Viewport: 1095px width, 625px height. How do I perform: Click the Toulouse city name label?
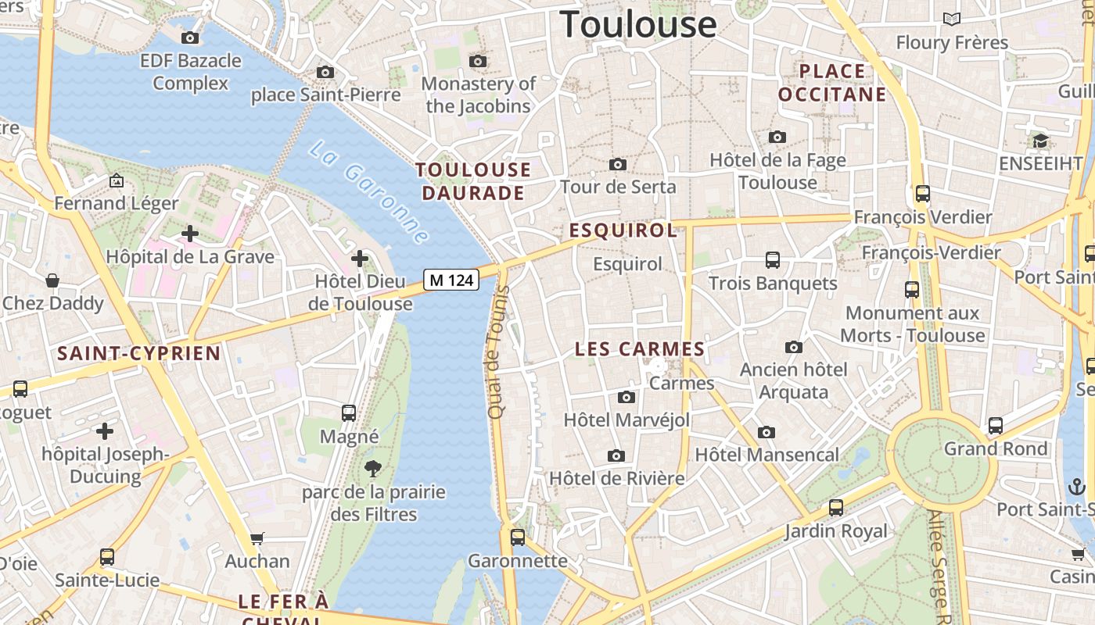point(637,24)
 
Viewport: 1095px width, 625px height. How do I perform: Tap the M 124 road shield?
point(451,280)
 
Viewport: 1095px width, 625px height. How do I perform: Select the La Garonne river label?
point(368,191)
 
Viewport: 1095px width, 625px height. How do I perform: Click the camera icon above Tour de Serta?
point(618,164)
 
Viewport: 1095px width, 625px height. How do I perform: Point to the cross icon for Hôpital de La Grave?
point(189,233)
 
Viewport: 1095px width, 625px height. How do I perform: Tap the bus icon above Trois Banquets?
point(773,259)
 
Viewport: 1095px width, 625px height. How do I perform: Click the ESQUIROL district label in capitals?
point(623,230)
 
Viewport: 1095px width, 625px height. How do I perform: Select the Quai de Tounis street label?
point(497,352)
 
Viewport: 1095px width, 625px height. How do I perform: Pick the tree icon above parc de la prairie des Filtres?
point(373,469)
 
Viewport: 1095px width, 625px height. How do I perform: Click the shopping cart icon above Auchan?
point(257,538)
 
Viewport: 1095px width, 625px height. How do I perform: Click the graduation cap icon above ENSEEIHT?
point(1040,141)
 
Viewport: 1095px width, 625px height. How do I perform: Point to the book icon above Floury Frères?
point(951,19)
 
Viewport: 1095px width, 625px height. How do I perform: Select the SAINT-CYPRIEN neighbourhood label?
point(138,353)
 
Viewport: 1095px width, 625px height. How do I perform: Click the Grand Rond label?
point(995,448)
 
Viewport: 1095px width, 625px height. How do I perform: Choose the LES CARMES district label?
point(639,349)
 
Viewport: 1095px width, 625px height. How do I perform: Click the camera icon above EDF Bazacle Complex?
point(189,37)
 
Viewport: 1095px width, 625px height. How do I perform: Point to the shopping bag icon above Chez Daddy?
point(52,280)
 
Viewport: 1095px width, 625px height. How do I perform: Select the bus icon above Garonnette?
point(517,537)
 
